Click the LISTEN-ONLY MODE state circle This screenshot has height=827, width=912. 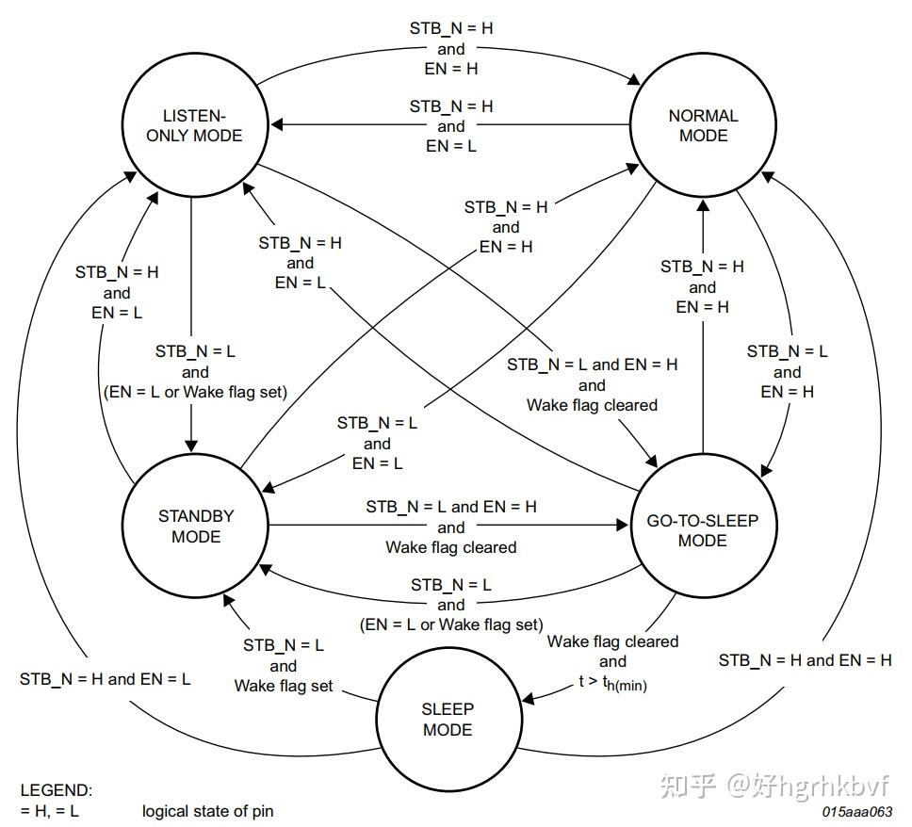coord(194,125)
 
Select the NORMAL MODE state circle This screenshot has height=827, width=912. coord(703,125)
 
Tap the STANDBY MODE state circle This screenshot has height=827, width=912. coord(194,526)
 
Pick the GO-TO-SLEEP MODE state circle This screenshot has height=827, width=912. coord(703,529)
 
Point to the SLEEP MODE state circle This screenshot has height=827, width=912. coord(448,719)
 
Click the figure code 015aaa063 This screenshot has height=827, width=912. coord(856,811)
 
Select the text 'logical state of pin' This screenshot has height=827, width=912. coord(208,810)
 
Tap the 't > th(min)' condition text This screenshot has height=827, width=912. coord(611,685)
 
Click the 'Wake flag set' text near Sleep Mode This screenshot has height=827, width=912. coord(284,686)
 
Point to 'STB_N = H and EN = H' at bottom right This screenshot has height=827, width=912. coord(805,660)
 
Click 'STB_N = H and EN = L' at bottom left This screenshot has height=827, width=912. coord(106,678)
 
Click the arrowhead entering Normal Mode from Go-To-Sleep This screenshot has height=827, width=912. coord(703,208)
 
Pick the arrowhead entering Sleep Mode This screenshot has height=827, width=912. coord(528,698)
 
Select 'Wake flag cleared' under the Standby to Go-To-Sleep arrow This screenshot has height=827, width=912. coord(451,546)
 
